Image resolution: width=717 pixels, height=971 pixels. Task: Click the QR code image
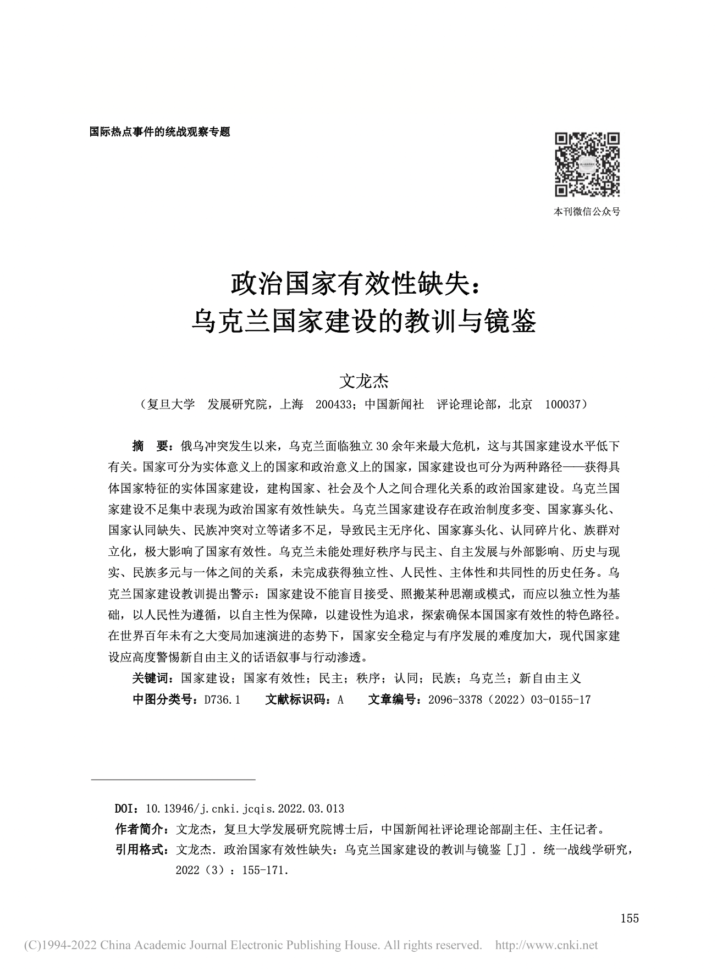pyautogui.click(x=587, y=164)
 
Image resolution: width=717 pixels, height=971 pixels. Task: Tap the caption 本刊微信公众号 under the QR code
pyautogui.click(x=587, y=212)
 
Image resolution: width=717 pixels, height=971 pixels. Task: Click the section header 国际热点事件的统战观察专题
pyautogui.click(x=159, y=132)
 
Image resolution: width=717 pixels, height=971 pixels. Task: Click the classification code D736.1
pyautogui.click(x=222, y=699)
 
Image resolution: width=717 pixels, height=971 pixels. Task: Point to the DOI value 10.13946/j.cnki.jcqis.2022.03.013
pyautogui.click(x=245, y=809)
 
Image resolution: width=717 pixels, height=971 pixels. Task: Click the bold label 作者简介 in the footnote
pyautogui.click(x=140, y=829)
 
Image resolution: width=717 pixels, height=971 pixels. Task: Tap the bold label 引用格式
pyautogui.click(x=140, y=850)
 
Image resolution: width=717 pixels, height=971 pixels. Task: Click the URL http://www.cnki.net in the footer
pyautogui.click(x=546, y=946)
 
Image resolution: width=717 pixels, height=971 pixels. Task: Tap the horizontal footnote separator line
pyautogui.click(x=173, y=780)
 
